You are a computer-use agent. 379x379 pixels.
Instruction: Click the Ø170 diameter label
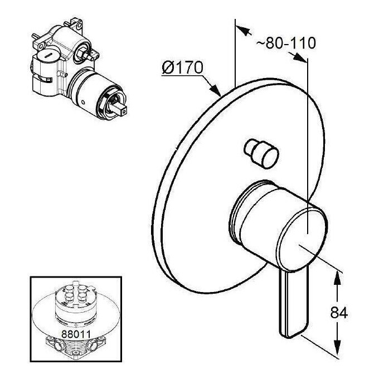[x=182, y=67]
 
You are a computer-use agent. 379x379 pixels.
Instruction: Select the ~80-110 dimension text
[x=286, y=43]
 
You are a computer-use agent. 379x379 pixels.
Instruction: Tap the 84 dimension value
[x=339, y=313]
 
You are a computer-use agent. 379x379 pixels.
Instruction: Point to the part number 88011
[x=76, y=334]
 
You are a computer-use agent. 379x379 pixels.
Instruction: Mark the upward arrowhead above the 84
[x=337, y=279]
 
